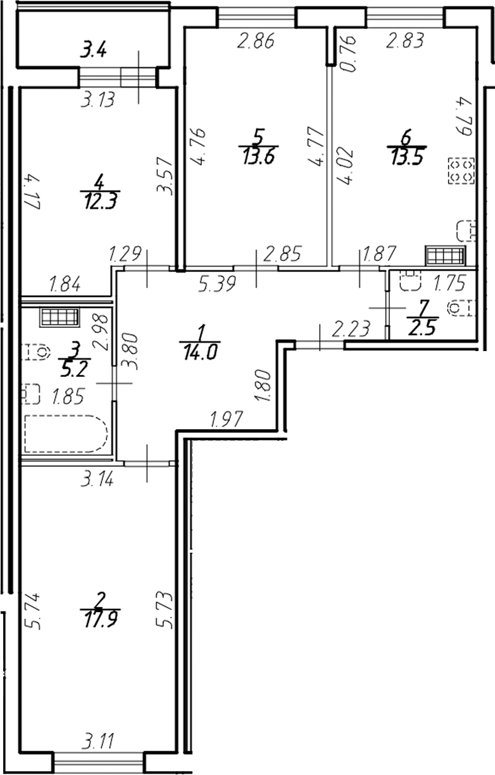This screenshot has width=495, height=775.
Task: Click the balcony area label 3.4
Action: [x=93, y=49]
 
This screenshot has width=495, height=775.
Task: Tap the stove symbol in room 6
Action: [x=461, y=170]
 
